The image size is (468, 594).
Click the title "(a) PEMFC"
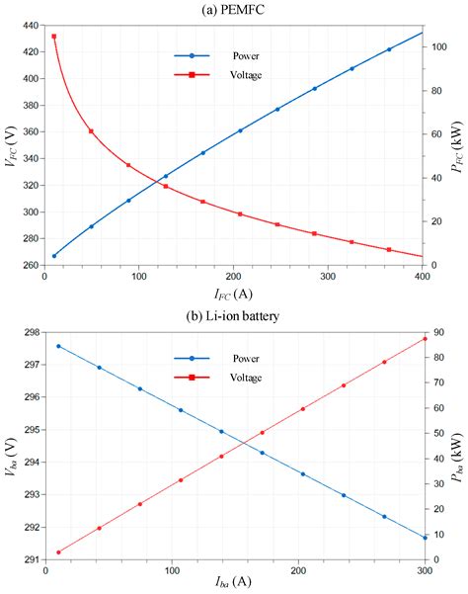234,9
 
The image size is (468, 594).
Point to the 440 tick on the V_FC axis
30,25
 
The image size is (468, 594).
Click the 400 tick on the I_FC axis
423,276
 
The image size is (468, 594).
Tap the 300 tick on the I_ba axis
425,569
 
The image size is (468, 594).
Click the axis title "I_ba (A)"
234,585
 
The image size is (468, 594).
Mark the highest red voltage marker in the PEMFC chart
53,37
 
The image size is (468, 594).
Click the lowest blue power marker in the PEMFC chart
53,255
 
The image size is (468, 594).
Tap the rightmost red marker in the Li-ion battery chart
425,339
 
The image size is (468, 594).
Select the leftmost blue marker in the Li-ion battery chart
58,346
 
